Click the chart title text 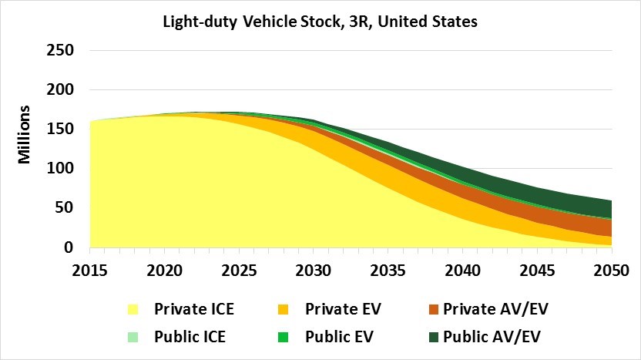pyautogui.click(x=320, y=22)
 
